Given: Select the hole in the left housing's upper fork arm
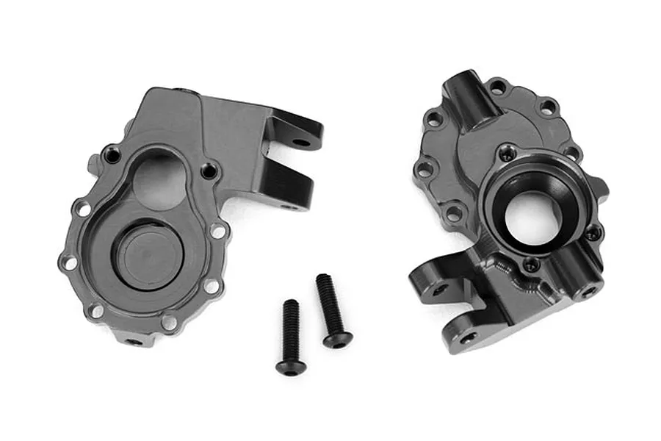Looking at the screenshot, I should pos(299,141).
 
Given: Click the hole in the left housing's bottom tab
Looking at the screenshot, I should pos(133,341).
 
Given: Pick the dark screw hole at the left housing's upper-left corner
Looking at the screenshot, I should pos(112,154).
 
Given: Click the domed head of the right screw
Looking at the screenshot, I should pos(336,339).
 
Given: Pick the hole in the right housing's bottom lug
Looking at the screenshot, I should pos(467,336).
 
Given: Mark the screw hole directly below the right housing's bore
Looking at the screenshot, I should pos(530,265).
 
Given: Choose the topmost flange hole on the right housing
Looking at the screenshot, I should pos(497,87).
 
